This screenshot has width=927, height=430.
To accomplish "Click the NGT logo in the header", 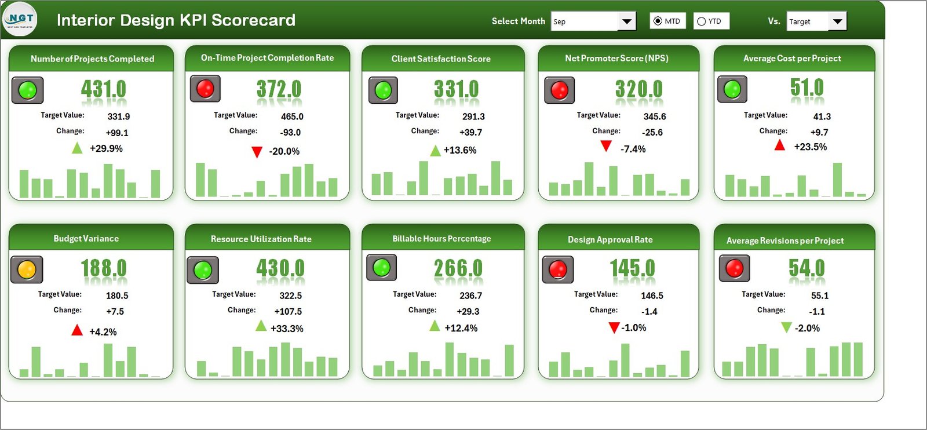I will coord(20,19).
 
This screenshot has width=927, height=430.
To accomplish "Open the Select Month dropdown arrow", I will coord(626,21).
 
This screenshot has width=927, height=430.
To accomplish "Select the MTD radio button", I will coord(658,21).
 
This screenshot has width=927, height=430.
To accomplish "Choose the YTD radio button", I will coord(702,21).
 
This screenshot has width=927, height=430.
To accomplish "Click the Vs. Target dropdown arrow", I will coord(837,21).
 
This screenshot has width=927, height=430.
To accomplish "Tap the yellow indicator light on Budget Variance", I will coord(27,269).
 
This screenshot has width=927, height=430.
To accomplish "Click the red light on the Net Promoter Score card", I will coord(559,90).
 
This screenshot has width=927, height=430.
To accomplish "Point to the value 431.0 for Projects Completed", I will coord(103,89).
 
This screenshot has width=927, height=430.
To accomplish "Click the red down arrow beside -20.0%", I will coord(257,152).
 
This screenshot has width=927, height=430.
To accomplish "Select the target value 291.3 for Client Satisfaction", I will coord(473,116).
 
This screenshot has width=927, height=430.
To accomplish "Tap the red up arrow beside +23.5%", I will coord(780,145).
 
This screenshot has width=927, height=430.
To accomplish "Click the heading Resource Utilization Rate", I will coord(261,239).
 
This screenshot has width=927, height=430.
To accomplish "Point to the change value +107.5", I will coord(288,311).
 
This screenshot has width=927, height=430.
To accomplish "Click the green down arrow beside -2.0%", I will coord(786,327).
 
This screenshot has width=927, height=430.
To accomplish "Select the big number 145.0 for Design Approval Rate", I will coord(632,268).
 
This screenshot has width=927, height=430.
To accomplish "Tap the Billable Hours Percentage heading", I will coord(441,238).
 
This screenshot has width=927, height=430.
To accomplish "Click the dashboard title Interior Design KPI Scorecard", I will coord(176,20).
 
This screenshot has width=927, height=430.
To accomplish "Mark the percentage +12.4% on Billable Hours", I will coord(461,328).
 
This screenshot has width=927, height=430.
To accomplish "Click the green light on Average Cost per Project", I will coord(732,89).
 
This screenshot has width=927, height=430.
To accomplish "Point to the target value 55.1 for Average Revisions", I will coord(820,296).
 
